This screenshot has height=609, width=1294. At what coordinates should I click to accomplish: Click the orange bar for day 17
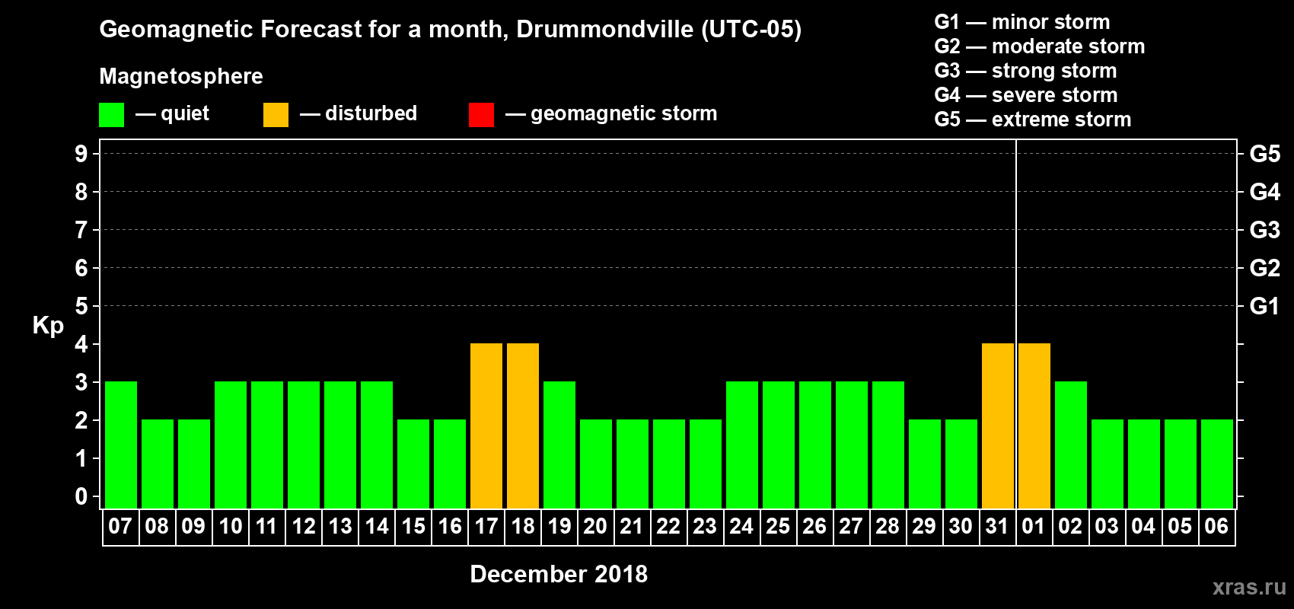(486, 426)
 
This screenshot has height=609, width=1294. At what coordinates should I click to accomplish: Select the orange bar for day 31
(998, 426)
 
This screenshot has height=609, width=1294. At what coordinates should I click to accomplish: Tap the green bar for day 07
(121, 445)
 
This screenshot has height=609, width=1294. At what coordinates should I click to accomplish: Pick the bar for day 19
(559, 445)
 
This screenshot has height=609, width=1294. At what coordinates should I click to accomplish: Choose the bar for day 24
(742, 445)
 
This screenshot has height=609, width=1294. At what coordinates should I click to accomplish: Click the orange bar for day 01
(1034, 426)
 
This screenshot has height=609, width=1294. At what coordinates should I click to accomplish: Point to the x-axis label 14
(377, 526)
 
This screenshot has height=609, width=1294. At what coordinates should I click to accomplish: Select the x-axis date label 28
(888, 526)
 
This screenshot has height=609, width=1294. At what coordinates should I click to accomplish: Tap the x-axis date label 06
(1216, 526)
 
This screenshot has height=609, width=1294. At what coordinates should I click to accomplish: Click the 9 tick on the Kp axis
(81, 154)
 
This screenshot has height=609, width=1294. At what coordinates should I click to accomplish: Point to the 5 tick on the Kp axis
(81, 306)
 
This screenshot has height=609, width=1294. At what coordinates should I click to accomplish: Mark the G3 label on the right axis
(1264, 230)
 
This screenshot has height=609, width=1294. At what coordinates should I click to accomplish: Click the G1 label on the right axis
(1264, 306)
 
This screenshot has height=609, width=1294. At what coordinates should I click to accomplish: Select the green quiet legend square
(112, 115)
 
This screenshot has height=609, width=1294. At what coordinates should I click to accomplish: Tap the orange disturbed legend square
(276, 115)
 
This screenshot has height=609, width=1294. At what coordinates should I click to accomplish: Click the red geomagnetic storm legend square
(482, 115)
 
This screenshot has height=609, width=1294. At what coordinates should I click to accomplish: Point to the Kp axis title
(48, 325)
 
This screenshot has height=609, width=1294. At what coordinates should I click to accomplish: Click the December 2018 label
(559, 574)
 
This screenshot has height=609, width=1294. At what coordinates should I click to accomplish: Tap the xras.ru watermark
(1249, 587)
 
